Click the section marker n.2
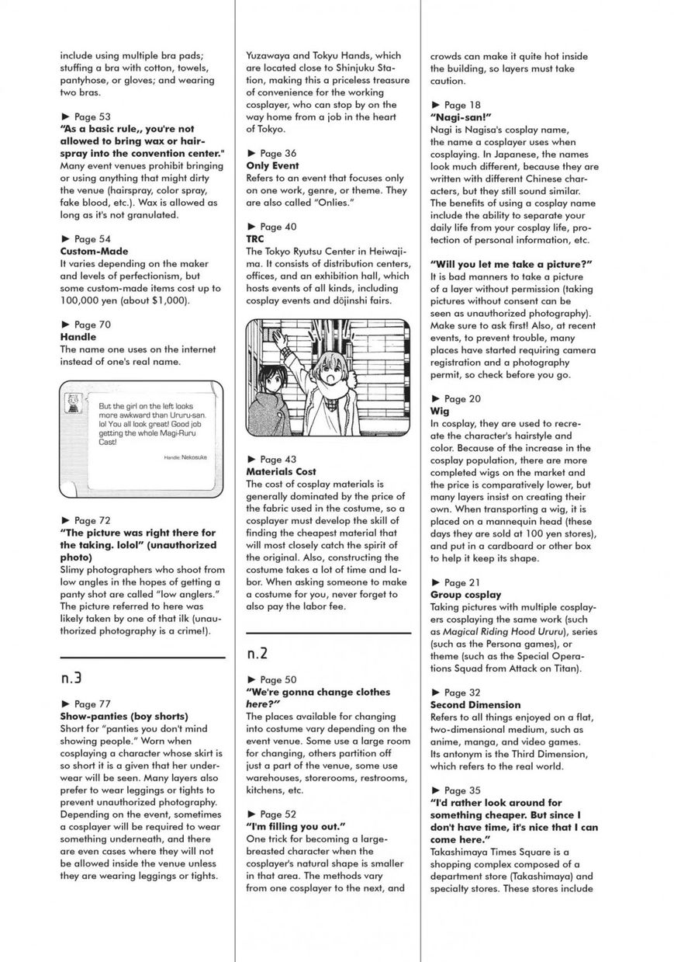pyautogui.click(x=258, y=653)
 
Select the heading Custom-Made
pyautogui.click(x=94, y=252)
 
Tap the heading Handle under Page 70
pyautogui.click(x=78, y=337)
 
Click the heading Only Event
pyautogui.click(x=272, y=165)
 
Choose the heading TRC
pyautogui.click(x=255, y=239)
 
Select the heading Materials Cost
pyautogui.click(x=281, y=471)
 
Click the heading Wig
pyautogui.click(x=439, y=411)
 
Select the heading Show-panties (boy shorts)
pyautogui.click(x=124, y=716)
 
